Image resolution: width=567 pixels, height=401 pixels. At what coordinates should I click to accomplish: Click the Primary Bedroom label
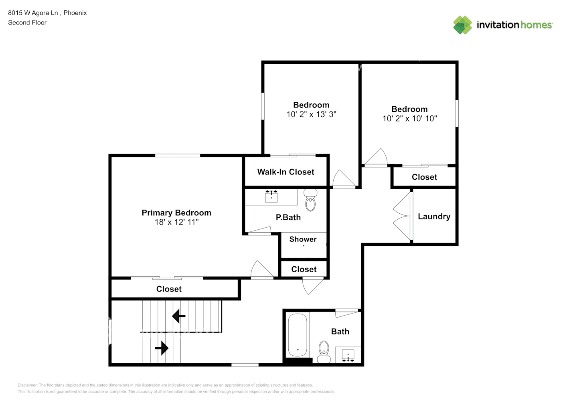(176, 213)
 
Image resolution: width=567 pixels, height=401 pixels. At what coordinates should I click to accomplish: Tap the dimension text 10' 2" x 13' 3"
(311, 114)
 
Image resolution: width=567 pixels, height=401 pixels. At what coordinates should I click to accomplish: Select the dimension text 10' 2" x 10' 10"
(409, 118)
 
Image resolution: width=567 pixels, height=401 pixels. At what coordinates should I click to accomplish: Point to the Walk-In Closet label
(286, 172)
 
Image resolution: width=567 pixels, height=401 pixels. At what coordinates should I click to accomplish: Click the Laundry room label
(434, 217)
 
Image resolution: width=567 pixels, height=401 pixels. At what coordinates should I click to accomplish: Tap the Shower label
(303, 239)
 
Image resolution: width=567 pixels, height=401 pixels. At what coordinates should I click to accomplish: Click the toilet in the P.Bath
(310, 200)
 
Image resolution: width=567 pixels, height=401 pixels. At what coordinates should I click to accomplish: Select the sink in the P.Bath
(271, 196)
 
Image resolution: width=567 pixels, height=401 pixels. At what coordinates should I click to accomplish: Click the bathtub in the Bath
(298, 335)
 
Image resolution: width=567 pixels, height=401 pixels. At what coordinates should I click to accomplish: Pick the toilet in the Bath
(324, 351)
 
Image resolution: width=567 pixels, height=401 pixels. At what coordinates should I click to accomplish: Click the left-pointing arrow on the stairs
(178, 316)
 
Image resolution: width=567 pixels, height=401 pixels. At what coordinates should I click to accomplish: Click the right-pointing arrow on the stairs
(162, 348)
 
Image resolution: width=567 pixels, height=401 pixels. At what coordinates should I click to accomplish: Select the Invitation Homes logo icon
(462, 25)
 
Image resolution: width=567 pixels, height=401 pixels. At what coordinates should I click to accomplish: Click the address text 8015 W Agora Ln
(33, 13)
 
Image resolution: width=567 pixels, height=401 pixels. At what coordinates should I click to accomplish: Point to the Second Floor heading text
(27, 22)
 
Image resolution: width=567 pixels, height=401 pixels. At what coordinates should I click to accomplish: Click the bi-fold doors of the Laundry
(402, 217)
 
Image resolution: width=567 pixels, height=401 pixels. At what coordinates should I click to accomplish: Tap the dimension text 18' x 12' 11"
(176, 222)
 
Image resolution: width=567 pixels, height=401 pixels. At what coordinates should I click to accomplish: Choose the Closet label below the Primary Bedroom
(169, 289)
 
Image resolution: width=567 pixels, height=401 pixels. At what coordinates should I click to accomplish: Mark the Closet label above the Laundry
(424, 177)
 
